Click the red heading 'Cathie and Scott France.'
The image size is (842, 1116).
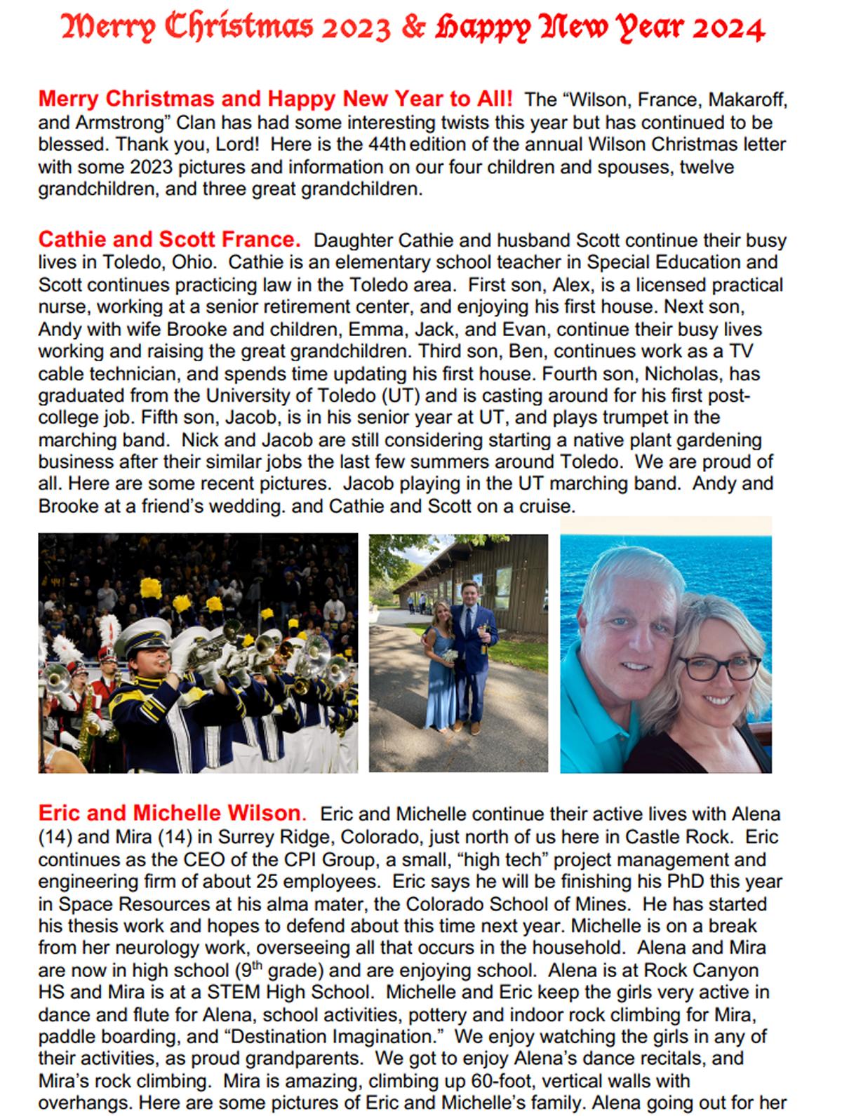point(169,240)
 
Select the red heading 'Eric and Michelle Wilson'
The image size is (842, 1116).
point(169,813)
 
